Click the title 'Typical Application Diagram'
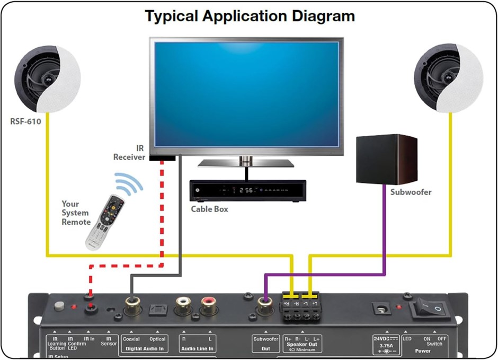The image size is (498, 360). pyautogui.click(x=250, y=16)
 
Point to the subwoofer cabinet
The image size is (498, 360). pyautogui.click(x=386, y=159)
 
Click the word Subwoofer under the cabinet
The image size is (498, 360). pyautogui.click(x=411, y=192)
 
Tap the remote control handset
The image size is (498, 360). pyautogui.click(x=105, y=222)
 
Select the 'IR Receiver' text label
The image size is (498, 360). pyautogui.click(x=129, y=153)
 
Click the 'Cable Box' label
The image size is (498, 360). pyautogui.click(x=209, y=209)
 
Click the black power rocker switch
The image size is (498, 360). pyautogui.click(x=429, y=309)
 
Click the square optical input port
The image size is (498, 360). pyautogui.click(x=155, y=308)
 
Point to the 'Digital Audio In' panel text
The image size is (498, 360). pyautogui.click(x=144, y=348)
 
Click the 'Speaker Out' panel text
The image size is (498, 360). pyautogui.click(x=303, y=344)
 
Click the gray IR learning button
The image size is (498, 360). pyautogui.click(x=59, y=306)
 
